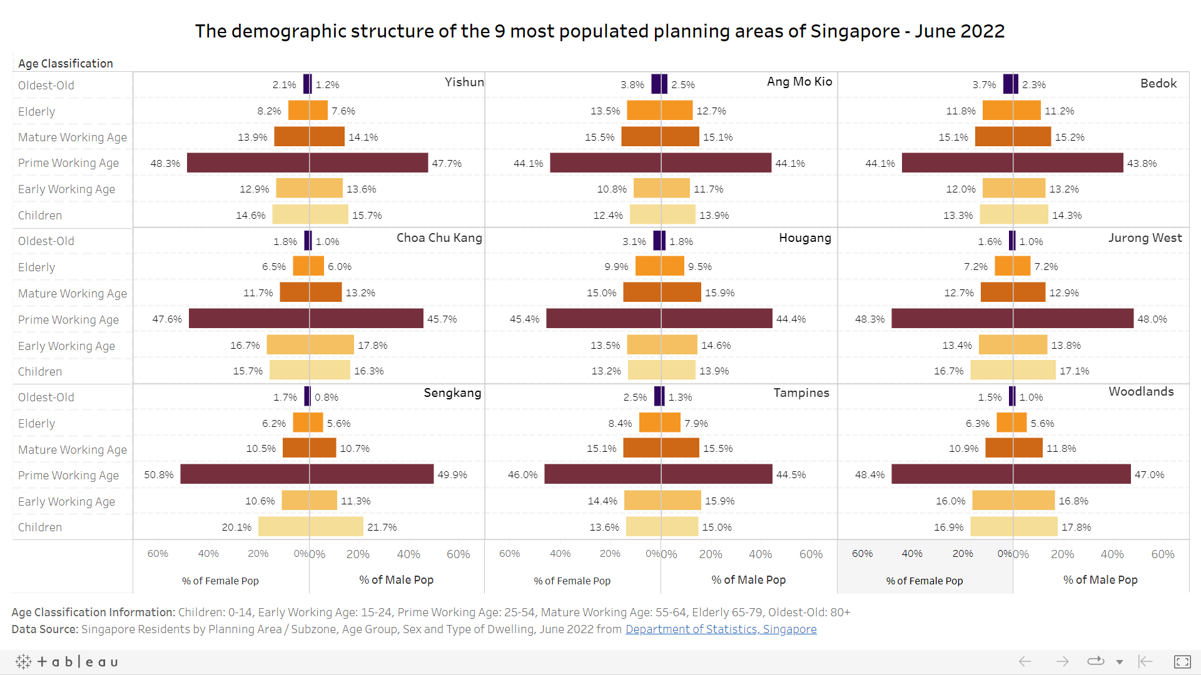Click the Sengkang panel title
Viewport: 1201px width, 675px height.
pyautogui.click(x=452, y=393)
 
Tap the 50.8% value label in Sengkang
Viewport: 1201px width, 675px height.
pyautogui.click(x=159, y=475)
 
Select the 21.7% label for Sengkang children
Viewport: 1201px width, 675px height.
pyautogui.click(x=382, y=527)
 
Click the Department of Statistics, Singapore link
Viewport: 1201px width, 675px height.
pyautogui.click(x=721, y=629)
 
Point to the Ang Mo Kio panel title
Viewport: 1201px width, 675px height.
pyautogui.click(x=799, y=82)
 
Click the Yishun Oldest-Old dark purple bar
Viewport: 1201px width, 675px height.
pyautogui.click(x=307, y=84)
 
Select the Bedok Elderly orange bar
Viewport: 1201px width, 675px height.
pyautogui.click(x=1011, y=111)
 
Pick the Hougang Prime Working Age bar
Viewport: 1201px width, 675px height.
pyautogui.click(x=659, y=319)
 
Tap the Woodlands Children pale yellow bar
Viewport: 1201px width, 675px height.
pyautogui.click(x=1014, y=527)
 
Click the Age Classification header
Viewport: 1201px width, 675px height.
pyautogui.click(x=66, y=64)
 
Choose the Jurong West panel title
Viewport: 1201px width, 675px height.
pyautogui.click(x=1145, y=238)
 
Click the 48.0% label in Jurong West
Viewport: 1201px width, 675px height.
pyautogui.click(x=1152, y=319)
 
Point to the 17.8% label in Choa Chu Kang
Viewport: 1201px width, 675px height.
pyautogui.click(x=372, y=346)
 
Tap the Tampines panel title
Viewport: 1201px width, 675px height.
pyautogui.click(x=801, y=393)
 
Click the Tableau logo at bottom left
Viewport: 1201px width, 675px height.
pyautogui.click(x=66, y=662)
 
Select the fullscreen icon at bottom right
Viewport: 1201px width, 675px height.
pyautogui.click(x=1182, y=662)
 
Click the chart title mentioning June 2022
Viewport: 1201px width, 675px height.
pyautogui.click(x=600, y=31)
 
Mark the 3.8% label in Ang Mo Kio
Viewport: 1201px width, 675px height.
pyautogui.click(x=632, y=85)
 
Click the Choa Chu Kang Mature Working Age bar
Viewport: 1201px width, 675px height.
pyautogui.click(x=311, y=292)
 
